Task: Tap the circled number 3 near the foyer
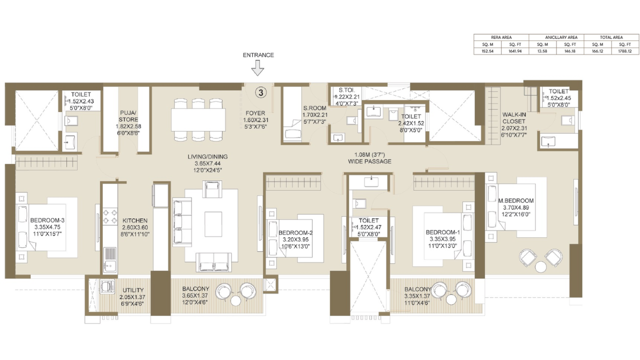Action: click(261, 92)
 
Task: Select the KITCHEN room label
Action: click(135, 220)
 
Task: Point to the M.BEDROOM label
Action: click(516, 201)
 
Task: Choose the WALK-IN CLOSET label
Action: click(513, 117)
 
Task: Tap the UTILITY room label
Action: click(133, 290)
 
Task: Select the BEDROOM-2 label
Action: click(295, 233)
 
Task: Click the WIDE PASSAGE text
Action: click(369, 161)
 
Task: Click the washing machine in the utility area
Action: click(106, 286)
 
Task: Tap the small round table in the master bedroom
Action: click(540, 267)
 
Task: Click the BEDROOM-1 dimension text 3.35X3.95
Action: click(442, 239)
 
